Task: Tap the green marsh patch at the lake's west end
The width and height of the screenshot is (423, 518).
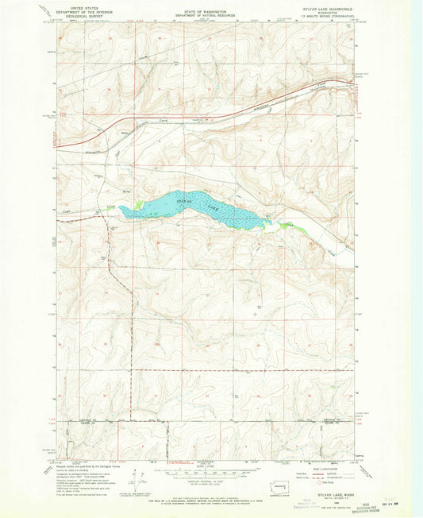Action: (138, 205)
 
